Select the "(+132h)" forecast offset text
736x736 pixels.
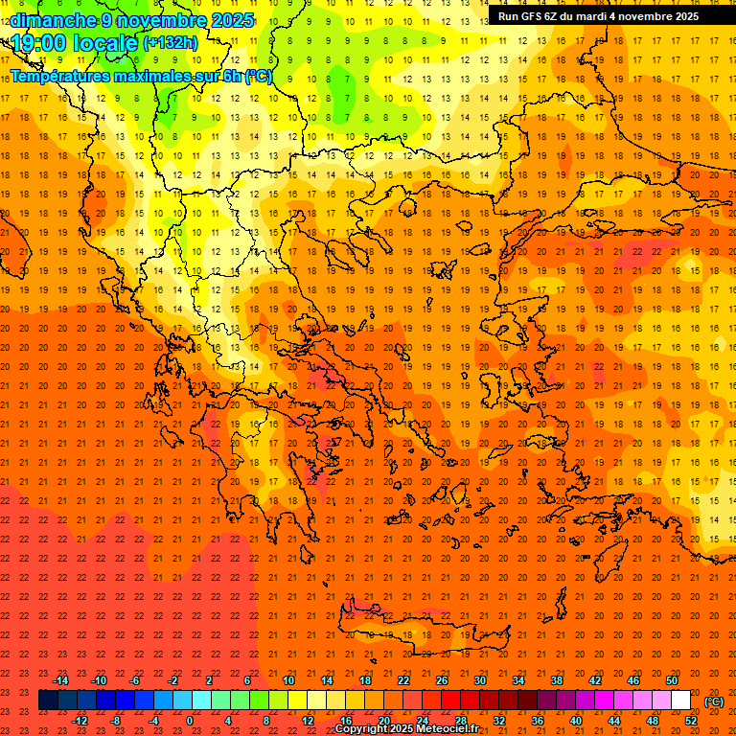pyautogui.click(x=171, y=42)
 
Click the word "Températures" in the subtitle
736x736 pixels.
pyautogui.click(x=61, y=76)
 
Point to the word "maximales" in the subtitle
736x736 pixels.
pyautogui.click(x=154, y=76)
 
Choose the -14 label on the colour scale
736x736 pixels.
pyautogui.click(x=61, y=680)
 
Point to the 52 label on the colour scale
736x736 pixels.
pyautogui.click(x=691, y=721)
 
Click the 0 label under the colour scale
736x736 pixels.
pyautogui.click(x=189, y=721)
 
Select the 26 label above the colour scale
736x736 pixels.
pyautogui.click(x=442, y=680)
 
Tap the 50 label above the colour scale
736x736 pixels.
pyautogui.click(x=672, y=680)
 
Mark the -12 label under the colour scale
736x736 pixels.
pyautogui.click(x=80, y=721)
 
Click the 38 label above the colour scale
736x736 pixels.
pyautogui.click(x=557, y=680)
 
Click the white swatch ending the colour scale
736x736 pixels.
pyautogui.click(x=680, y=701)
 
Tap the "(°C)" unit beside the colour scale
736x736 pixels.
pyautogui.click(x=714, y=701)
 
